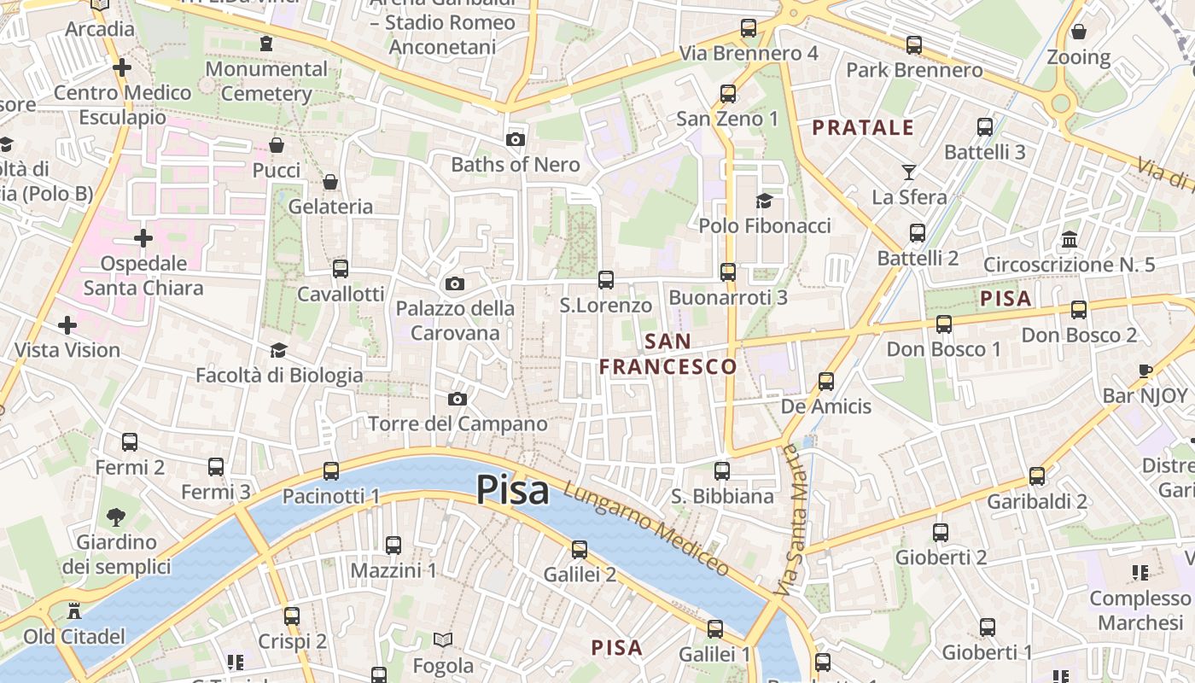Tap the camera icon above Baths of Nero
tap(515, 139)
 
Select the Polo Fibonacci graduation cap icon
tap(764, 201)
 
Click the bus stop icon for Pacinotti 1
tap(330, 470)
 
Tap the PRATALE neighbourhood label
tap(863, 128)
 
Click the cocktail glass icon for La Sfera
tap(909, 172)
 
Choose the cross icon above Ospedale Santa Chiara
tap(143, 237)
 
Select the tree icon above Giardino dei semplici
tap(116, 517)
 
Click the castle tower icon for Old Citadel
tap(74, 611)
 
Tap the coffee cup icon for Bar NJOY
tap(1145, 371)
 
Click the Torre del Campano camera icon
tap(458, 399)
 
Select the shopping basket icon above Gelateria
tap(330, 181)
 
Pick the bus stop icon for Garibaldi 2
tap(1037, 476)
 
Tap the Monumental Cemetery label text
tap(266, 81)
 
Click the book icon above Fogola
tap(442, 639)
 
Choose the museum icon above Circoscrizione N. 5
tap(1069, 239)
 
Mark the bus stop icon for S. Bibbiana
tap(722, 470)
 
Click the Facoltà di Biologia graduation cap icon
tap(278, 350)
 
